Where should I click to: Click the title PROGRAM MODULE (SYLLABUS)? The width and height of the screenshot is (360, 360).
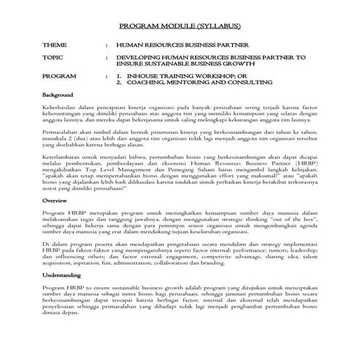tap(179, 25)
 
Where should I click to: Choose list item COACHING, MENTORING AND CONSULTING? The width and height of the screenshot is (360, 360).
tap(196, 82)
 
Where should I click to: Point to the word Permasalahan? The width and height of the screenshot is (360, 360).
tap(62, 134)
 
